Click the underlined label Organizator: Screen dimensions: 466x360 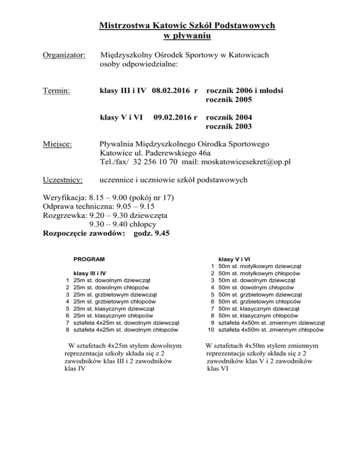click(63, 56)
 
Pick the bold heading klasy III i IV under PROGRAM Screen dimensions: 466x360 click(90, 272)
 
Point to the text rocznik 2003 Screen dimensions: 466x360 click(229, 127)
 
